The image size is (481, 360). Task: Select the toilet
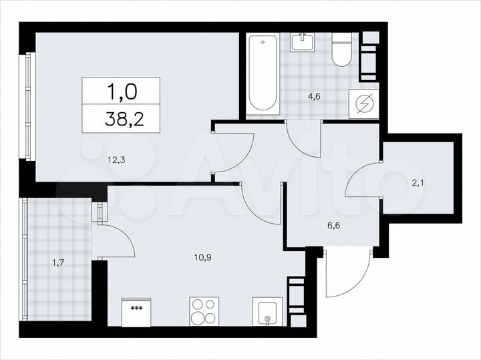(341, 49)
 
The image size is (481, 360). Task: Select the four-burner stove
(204, 311)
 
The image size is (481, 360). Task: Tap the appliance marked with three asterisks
(137, 313)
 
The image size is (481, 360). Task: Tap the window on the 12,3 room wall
(27, 107)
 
